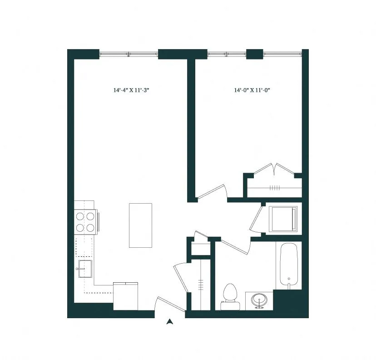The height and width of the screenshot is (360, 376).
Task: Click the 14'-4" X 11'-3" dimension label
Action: tap(131, 90)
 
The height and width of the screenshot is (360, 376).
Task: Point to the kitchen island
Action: tap(140, 225)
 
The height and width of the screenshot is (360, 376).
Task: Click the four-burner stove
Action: tap(85, 222)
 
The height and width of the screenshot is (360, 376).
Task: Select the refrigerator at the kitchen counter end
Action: tap(125, 296)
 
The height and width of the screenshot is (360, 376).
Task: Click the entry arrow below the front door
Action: tap(170, 322)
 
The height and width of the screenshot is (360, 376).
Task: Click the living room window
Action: tap(129, 54)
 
